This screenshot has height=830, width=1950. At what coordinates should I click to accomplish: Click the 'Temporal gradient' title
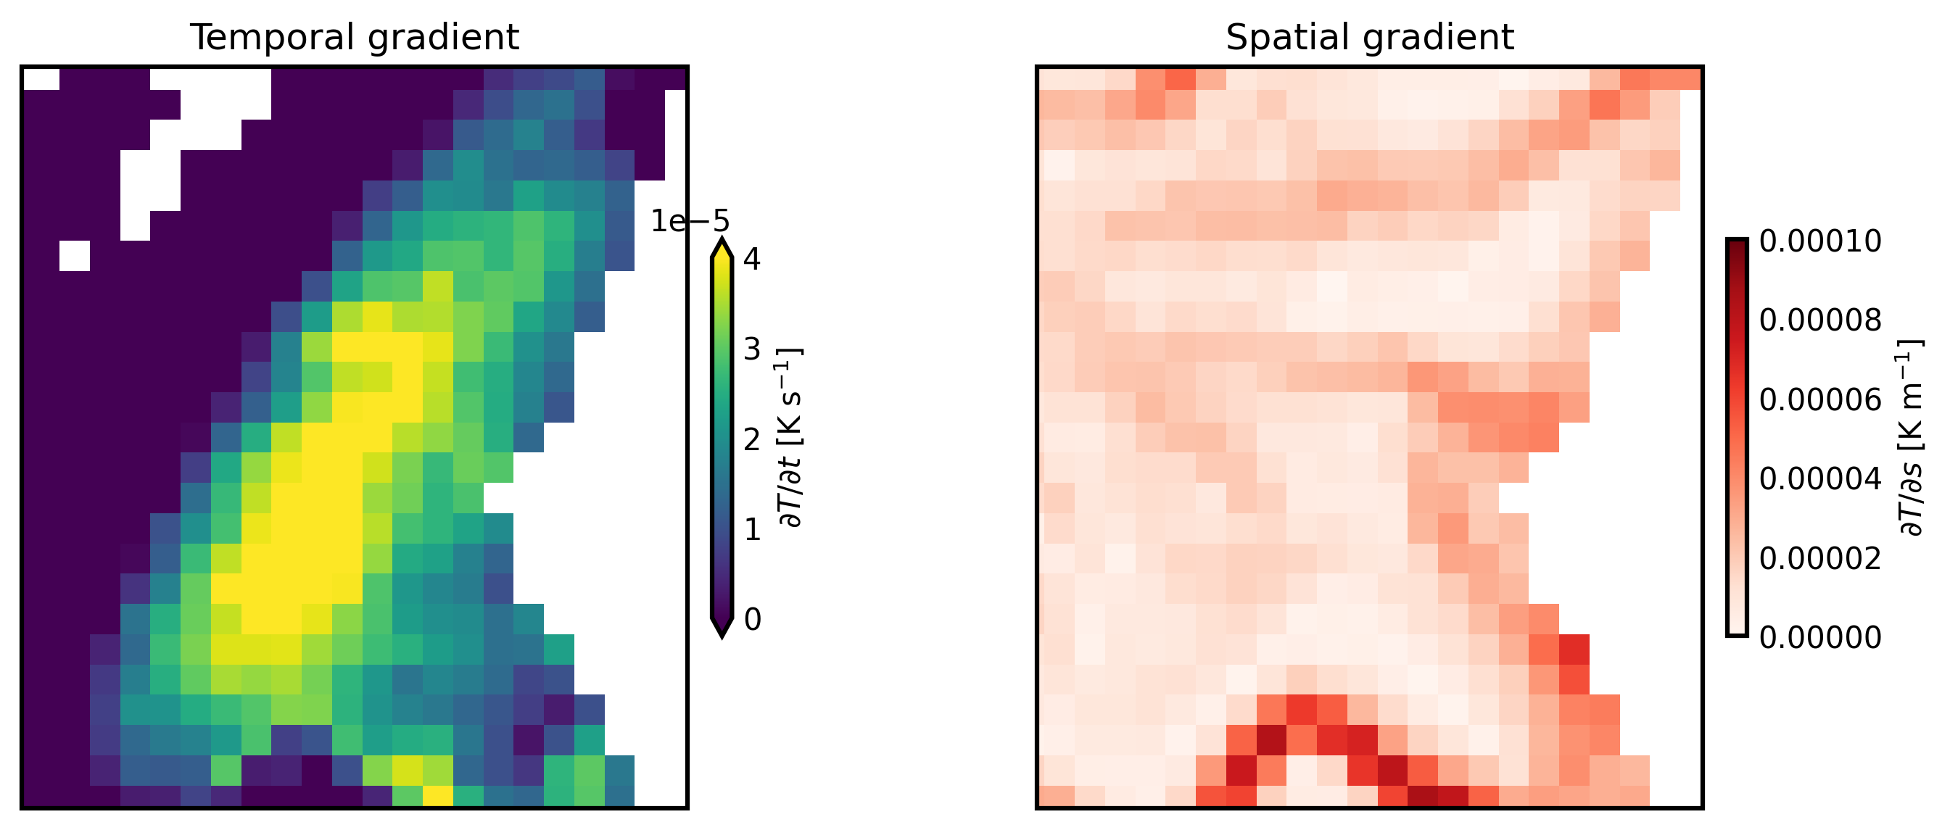355,38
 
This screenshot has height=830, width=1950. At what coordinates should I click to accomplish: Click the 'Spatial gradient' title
1369,38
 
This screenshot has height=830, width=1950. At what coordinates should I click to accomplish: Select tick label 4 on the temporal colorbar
752,260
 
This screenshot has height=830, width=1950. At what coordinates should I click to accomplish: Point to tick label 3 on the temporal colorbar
752,349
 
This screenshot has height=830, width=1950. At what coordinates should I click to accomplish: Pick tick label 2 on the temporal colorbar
752,439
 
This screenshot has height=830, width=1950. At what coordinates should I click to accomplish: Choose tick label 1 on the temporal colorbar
752,530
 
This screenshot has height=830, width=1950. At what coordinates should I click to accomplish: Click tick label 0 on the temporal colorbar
752,620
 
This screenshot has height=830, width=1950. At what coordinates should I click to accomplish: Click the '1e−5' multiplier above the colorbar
690,222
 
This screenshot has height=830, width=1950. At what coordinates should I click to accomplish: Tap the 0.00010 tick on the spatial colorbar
1819,241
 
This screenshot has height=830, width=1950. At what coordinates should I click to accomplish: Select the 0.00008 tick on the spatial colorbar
1819,321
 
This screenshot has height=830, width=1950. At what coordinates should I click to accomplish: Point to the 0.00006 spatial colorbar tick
1819,400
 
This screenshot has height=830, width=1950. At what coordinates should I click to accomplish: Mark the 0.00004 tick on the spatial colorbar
1819,479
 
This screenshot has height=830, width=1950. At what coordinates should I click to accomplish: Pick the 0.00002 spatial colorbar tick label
1819,558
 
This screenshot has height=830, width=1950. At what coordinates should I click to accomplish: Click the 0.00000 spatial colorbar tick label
1819,638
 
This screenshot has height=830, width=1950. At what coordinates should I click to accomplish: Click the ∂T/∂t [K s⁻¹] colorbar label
790,437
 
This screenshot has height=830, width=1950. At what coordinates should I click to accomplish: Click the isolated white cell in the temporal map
75,256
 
